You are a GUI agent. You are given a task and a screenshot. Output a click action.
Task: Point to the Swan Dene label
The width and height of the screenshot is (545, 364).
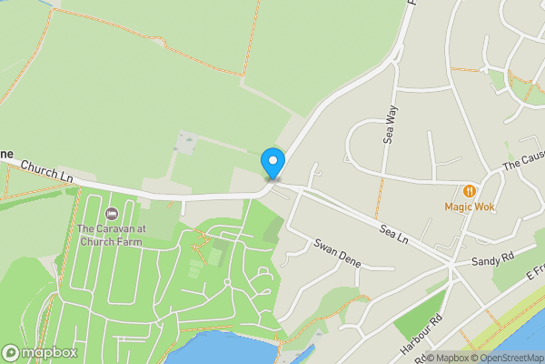point(339,252)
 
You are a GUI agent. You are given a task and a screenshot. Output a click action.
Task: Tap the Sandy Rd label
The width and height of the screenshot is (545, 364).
point(493,261)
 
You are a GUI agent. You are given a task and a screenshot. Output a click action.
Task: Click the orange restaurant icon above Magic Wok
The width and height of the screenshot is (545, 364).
point(469,191)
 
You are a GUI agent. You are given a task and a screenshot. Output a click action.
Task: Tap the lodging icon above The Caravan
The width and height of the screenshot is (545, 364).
point(112,214)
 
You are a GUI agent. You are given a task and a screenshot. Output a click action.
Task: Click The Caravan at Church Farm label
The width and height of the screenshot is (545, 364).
point(112,235)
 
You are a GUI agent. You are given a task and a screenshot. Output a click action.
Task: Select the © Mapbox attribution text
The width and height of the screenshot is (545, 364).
point(451,357)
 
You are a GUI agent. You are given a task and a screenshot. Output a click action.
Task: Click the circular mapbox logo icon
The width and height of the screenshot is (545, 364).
point(11,352)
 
